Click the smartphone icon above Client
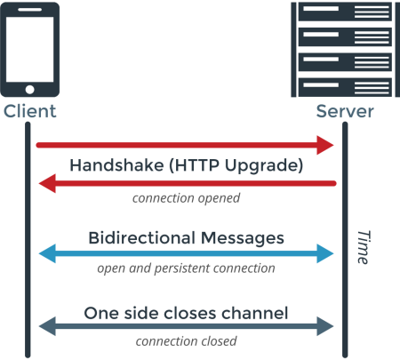30,50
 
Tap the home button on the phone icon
30,89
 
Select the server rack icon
344,50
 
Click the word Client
30,112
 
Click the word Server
345,112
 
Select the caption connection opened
186,198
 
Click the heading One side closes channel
186,312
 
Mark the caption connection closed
186,341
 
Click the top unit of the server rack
344,13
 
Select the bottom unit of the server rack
344,86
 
